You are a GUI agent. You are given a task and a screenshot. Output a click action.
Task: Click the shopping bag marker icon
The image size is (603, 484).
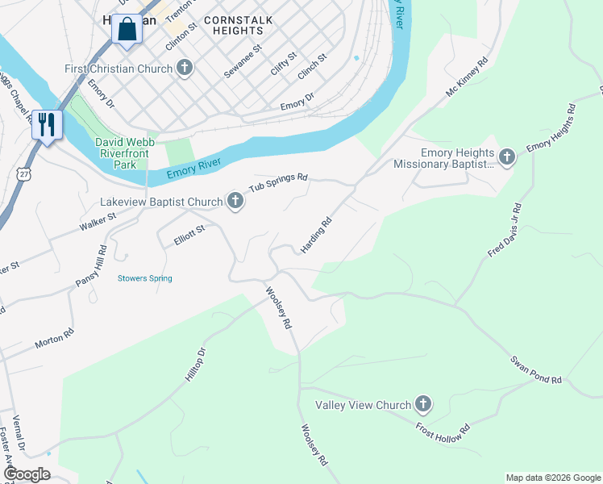tap(127, 30)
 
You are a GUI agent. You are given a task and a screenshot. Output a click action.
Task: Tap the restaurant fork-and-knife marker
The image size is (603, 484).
tap(47, 124)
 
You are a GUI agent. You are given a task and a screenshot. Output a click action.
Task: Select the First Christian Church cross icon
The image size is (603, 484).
tap(185, 69)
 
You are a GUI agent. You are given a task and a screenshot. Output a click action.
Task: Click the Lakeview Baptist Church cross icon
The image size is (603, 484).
tap(235, 201)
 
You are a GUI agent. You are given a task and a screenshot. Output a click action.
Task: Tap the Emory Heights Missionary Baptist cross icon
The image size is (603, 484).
tap(507, 156)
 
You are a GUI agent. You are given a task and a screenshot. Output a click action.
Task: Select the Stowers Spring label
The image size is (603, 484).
tap(145, 278)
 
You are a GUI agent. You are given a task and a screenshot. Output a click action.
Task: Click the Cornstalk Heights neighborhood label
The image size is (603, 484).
tap(238, 25)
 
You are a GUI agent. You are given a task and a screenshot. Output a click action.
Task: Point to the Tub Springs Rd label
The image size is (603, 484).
tap(278, 183)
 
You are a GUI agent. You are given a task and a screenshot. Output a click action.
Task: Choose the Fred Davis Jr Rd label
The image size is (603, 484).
tap(505, 231)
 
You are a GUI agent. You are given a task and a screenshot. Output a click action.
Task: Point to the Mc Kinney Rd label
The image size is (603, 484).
tap(468, 78)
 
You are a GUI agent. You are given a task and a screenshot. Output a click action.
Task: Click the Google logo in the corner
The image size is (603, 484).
tap(26, 474)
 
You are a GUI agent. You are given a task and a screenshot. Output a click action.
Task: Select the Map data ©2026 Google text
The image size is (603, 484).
tap(553, 478)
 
